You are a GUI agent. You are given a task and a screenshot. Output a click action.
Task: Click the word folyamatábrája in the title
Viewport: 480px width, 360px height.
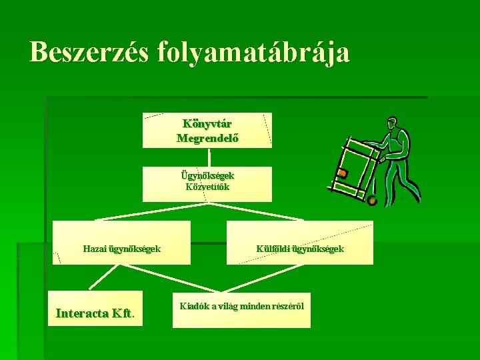click(x=254, y=53)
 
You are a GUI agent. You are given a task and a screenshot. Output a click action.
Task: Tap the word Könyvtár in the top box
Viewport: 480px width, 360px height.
click(x=207, y=124)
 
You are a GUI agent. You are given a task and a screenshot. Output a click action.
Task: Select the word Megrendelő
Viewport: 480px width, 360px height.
click(x=207, y=139)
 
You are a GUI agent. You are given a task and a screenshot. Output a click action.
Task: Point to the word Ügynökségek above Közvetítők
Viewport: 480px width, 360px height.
click(x=207, y=175)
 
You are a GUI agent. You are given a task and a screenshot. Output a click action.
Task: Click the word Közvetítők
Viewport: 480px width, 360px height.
click(x=207, y=187)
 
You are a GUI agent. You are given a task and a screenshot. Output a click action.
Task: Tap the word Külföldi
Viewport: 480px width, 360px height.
click(x=273, y=249)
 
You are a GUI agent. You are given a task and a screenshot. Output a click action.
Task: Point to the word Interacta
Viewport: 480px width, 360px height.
click(x=83, y=313)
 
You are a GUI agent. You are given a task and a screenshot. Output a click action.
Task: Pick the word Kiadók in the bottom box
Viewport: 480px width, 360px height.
click(x=193, y=307)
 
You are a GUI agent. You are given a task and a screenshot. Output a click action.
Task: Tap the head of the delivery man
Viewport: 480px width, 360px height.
click(x=393, y=124)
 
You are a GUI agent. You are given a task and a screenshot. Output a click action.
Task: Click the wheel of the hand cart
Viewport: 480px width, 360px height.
click(x=372, y=200)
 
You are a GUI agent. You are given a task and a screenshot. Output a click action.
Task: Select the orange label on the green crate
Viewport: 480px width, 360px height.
click(x=342, y=173)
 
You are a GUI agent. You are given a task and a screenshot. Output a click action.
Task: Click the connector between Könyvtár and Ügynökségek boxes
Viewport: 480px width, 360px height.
click(x=209, y=157)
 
